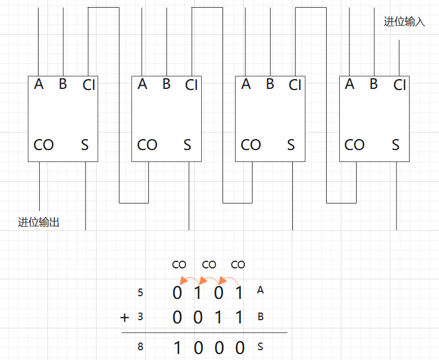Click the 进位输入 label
click(x=404, y=22)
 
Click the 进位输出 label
click(x=38, y=222)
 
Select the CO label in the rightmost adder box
click(x=354, y=145)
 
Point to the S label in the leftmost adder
click(x=85, y=145)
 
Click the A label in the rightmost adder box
click(x=350, y=84)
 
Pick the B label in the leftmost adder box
click(x=63, y=84)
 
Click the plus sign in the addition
click(x=125, y=317)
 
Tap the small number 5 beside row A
click(x=141, y=293)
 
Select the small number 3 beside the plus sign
click(x=141, y=316)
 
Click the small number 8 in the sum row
click(x=141, y=346)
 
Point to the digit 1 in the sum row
click(x=177, y=347)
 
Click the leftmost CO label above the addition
click(x=179, y=265)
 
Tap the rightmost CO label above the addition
click(x=238, y=265)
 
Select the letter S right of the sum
click(x=260, y=346)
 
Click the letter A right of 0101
click(x=260, y=290)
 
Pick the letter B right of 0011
click(x=260, y=316)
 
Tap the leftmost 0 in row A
click(x=177, y=293)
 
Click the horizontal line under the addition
click(x=204, y=332)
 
